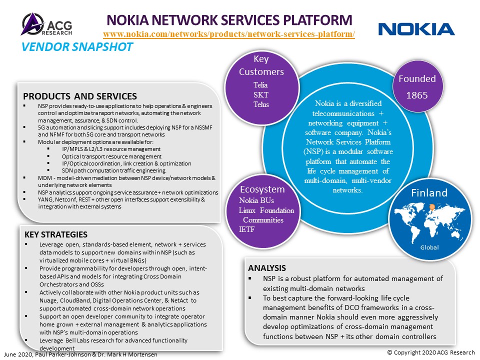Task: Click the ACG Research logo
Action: [x=47, y=24]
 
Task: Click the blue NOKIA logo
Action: [x=416, y=29]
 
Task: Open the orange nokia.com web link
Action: [x=229, y=34]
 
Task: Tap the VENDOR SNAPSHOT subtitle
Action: [x=77, y=47]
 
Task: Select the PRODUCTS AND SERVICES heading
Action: [x=80, y=96]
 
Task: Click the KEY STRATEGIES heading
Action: [x=56, y=234]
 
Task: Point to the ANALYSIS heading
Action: [x=267, y=268]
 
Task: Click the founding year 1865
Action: [x=417, y=95]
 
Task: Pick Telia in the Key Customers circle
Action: [x=260, y=85]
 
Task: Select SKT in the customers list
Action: [x=261, y=94]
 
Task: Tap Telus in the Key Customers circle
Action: [x=261, y=104]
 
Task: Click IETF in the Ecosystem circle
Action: [x=246, y=229]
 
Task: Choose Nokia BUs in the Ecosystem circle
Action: [x=256, y=200]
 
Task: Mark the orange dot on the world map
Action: [x=432, y=207]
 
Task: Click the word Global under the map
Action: [x=429, y=247]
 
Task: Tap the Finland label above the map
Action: [x=429, y=193]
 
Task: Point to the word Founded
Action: [x=417, y=78]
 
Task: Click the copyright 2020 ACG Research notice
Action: [x=431, y=352]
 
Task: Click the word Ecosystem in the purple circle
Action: [x=262, y=189]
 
